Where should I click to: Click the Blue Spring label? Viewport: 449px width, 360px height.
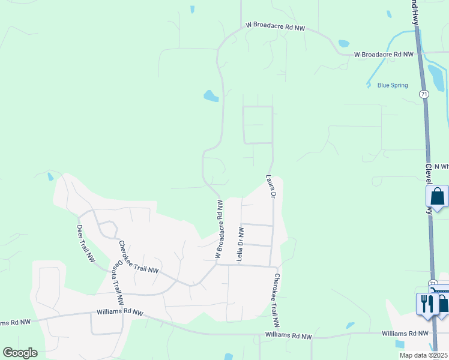(393, 85)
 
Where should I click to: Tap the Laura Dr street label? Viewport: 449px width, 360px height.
(271, 187)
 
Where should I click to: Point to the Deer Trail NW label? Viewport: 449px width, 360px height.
(86, 243)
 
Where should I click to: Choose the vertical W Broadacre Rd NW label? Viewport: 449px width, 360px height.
(220, 230)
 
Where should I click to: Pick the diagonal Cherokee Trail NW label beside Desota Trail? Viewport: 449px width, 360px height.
(138, 257)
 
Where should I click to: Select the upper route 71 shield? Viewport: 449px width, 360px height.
(424, 94)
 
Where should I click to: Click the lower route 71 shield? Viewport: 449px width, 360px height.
(432, 283)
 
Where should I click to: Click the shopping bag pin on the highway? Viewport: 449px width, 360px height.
(437, 196)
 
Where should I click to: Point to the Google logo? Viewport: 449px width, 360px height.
(20, 353)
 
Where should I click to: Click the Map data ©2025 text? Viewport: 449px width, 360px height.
(423, 355)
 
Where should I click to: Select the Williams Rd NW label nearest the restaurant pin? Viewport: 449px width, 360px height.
(406, 333)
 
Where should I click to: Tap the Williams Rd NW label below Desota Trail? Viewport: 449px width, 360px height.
(121, 313)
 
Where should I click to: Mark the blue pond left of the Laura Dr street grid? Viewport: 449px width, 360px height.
(211, 95)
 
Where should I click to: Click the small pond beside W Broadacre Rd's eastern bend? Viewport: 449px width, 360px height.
(343, 43)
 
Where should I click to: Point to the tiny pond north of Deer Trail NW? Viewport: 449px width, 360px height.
(50, 176)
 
